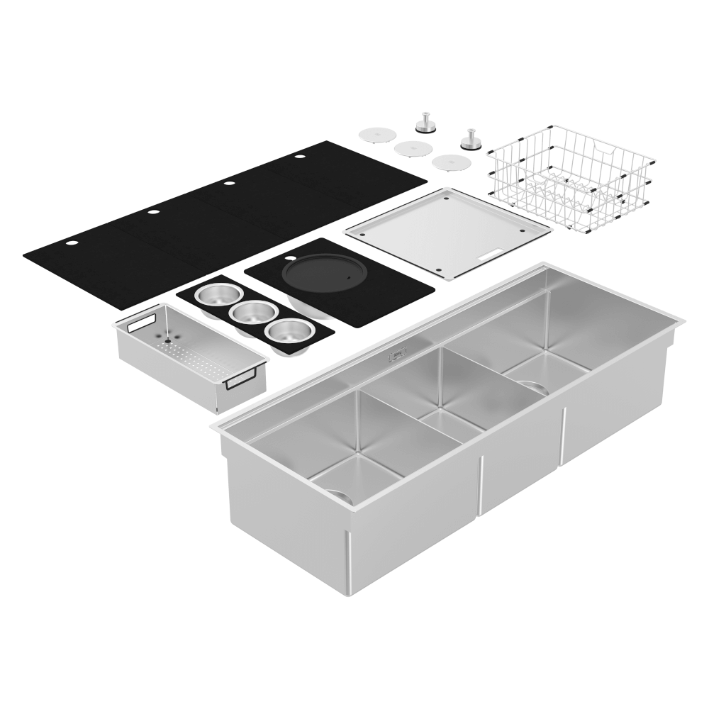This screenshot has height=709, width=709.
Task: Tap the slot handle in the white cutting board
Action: pos(491,251)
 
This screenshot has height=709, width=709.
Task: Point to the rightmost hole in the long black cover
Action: pos(299,156)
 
